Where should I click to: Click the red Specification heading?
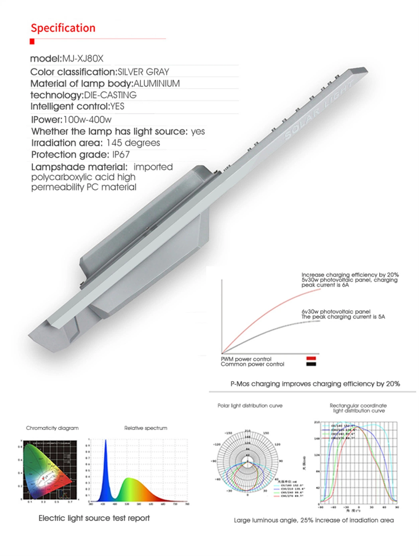(63, 28)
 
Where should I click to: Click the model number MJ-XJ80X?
(83, 59)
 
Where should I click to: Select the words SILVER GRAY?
(143, 72)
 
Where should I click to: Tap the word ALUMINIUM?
(156, 83)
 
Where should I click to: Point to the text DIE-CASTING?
(110, 95)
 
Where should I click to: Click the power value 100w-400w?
(87, 120)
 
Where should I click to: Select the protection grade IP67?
(121, 154)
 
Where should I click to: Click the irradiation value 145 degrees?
(133, 143)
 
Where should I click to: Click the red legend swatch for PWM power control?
(311, 359)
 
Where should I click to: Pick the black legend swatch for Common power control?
(311, 364)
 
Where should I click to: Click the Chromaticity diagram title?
(52, 428)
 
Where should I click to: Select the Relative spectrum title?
(146, 428)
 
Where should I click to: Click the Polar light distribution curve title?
(250, 406)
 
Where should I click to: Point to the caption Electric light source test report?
(94, 518)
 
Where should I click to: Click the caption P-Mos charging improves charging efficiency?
(315, 384)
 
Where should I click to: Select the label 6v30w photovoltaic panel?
(336, 312)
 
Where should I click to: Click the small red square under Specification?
(32, 41)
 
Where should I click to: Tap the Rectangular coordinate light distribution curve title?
(358, 408)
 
